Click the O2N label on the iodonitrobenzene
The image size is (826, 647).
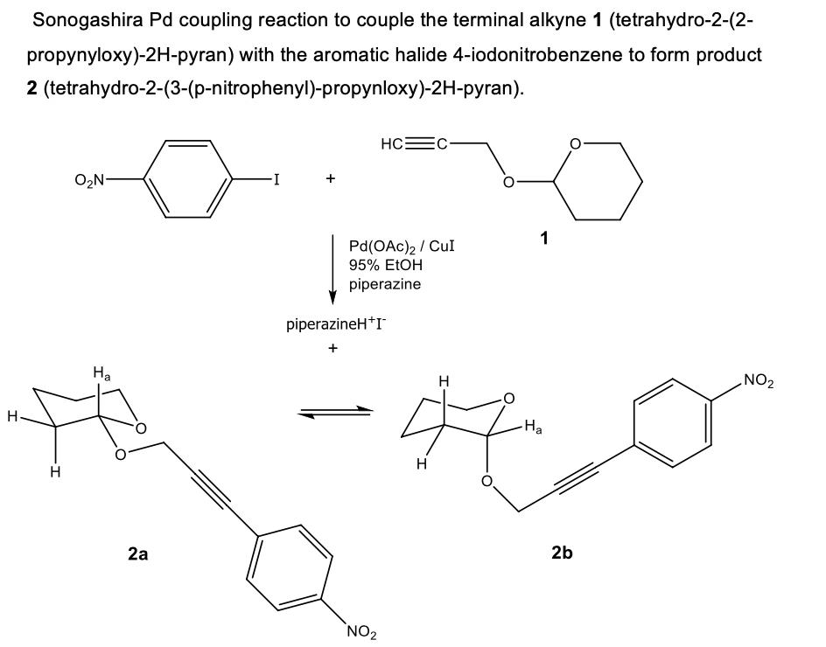point(89,180)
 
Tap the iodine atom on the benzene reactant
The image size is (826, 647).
point(276,179)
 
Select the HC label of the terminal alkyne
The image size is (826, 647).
point(392,143)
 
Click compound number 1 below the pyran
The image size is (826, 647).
point(544,239)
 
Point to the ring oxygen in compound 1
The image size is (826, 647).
point(575,143)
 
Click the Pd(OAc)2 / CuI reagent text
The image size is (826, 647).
point(402,247)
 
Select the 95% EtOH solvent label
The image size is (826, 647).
point(386,265)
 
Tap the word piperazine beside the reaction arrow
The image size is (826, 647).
point(385,284)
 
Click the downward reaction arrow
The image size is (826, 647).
point(332,269)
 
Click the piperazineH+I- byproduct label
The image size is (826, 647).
point(336,323)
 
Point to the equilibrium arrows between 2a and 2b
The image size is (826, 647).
point(334,412)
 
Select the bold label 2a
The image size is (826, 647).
point(138,553)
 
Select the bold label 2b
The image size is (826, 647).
point(562,553)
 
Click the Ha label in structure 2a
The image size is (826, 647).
point(101,374)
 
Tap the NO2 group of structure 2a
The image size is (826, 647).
point(361,630)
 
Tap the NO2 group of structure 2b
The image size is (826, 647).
point(759,380)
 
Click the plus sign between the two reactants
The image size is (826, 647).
point(330,178)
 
